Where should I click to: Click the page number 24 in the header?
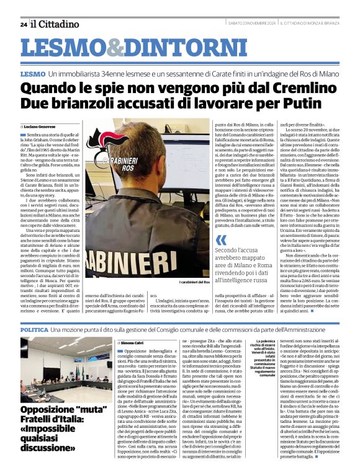(23, 24)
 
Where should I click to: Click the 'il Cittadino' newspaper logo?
(55, 24)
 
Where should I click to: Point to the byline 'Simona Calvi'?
(132, 342)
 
